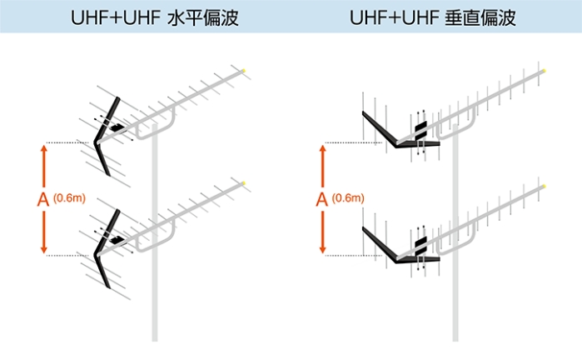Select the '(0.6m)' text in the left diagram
pos(69,198)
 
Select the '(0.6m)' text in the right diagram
pos(348,198)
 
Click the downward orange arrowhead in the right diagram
pos(323,249)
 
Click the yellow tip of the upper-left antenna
pos(243,71)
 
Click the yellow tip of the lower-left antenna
pos(243,182)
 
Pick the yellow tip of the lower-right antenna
pos(543,184)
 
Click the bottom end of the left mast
pos(155,337)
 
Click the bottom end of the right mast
pos(455,337)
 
